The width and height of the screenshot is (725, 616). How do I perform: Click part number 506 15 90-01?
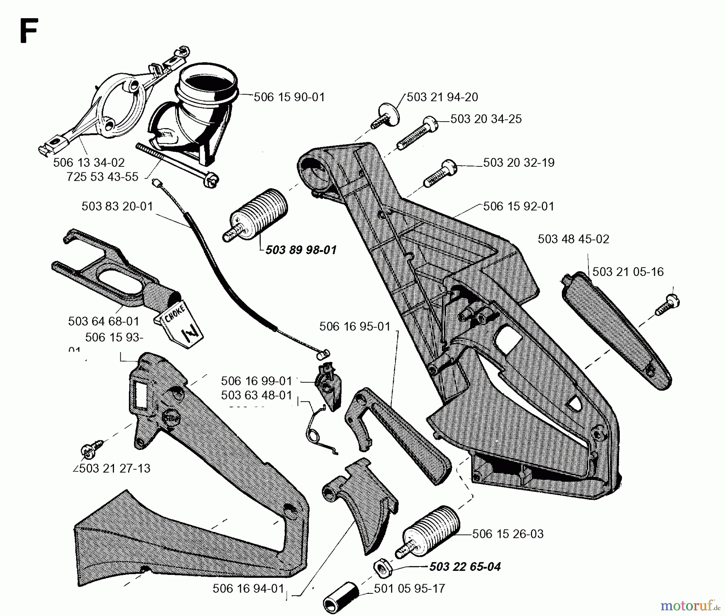pos(289,97)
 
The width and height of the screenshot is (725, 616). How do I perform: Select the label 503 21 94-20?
pos(442,97)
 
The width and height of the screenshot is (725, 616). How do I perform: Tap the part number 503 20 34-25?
pos(486,119)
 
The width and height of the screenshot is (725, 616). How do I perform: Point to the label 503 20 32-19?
pos(518,162)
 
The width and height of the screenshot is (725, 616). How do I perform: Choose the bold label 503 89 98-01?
pos(300,250)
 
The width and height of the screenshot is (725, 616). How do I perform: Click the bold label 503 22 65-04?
pos(465,567)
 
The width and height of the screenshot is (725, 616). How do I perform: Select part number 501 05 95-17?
pos(409,589)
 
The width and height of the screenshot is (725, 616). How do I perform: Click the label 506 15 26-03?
pos(507,534)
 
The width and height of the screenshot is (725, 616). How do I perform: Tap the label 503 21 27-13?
pos(114,468)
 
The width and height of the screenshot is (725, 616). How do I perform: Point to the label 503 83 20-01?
pos(117,206)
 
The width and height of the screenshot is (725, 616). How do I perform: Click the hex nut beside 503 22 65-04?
pos(381,568)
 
